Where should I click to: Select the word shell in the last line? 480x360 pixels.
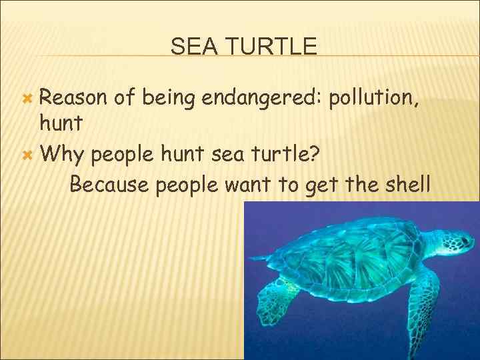coord(406,183)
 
